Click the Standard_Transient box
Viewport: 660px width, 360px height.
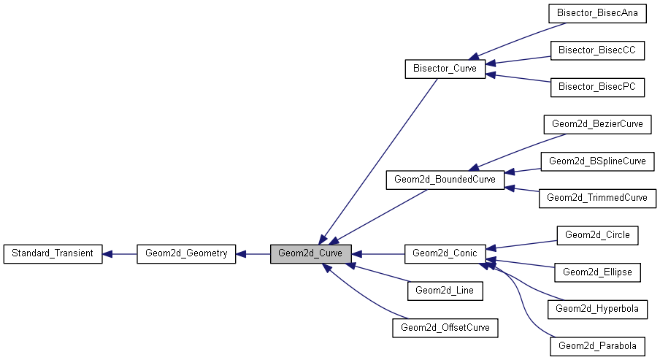pyautogui.click(x=53, y=253)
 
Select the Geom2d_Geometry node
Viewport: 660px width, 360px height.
pyautogui.click(x=186, y=253)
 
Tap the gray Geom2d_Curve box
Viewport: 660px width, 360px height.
pyautogui.click(x=311, y=253)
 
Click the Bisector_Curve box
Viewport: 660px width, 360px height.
pyautogui.click(x=445, y=69)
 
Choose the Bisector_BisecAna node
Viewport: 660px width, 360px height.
pyautogui.click(x=597, y=12)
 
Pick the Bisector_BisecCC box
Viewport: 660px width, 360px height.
pyautogui.click(x=597, y=50)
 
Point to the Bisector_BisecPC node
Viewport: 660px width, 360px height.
pyautogui.click(x=597, y=87)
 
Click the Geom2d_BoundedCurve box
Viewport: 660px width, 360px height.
pyautogui.click(x=445, y=180)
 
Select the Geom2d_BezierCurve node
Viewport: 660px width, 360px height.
pyautogui.click(x=597, y=124)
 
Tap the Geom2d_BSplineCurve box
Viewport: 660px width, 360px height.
pyautogui.click(x=597, y=161)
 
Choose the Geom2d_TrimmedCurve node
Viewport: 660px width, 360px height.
pyautogui.click(x=597, y=198)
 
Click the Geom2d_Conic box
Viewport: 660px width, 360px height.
pyautogui.click(x=445, y=253)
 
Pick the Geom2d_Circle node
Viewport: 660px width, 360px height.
pyautogui.click(x=597, y=235)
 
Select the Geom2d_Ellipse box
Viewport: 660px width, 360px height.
pyautogui.click(x=597, y=272)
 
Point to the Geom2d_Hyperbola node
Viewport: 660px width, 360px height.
pyautogui.click(x=597, y=309)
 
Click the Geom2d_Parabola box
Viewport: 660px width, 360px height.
pyautogui.click(x=597, y=346)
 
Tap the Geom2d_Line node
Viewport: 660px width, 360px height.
pyautogui.click(x=445, y=291)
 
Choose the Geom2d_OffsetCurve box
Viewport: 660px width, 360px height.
pyautogui.click(x=445, y=328)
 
